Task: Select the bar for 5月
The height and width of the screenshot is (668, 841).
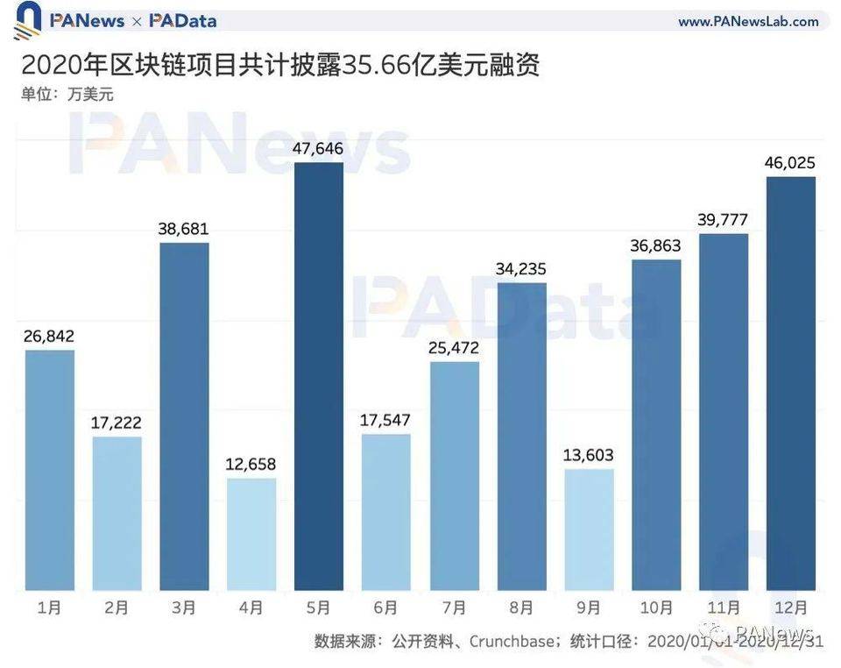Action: point(319,376)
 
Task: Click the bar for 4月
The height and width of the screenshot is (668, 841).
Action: point(251,534)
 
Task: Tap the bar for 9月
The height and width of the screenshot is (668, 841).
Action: point(589,529)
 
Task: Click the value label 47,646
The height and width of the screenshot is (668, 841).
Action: point(319,148)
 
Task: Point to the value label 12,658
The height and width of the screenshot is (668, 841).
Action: point(251,464)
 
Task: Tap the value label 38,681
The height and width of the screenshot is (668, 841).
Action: point(184,229)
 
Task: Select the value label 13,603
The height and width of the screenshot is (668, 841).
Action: point(589,455)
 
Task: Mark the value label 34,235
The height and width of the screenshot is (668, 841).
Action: point(521,269)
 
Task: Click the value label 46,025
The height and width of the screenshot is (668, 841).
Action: point(791,163)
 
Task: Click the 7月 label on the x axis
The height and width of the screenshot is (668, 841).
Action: point(454,608)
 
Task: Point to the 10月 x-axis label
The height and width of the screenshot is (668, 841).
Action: point(656,608)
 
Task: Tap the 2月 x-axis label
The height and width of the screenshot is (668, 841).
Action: point(117,608)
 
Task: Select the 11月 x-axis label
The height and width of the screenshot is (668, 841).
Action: point(724,608)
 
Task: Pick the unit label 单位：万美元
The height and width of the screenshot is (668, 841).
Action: point(67,94)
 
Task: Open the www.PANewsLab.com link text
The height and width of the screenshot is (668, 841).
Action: point(748,21)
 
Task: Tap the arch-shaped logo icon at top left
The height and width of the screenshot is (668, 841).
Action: point(27,20)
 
